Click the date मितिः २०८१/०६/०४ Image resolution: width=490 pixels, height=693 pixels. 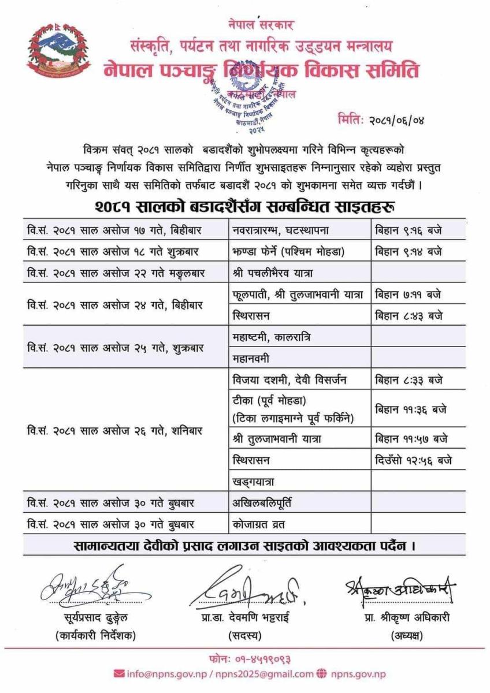[x=384, y=121]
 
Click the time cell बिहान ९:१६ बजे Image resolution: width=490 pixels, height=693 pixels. [x=409, y=230]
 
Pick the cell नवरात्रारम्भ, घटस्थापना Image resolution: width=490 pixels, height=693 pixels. [x=280, y=230]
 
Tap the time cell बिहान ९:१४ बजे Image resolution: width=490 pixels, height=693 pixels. [x=409, y=252]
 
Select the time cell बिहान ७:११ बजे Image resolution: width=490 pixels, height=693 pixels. [x=409, y=295]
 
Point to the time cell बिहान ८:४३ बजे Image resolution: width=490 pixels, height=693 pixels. [x=409, y=316]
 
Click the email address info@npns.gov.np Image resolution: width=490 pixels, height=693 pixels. [x=167, y=674]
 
